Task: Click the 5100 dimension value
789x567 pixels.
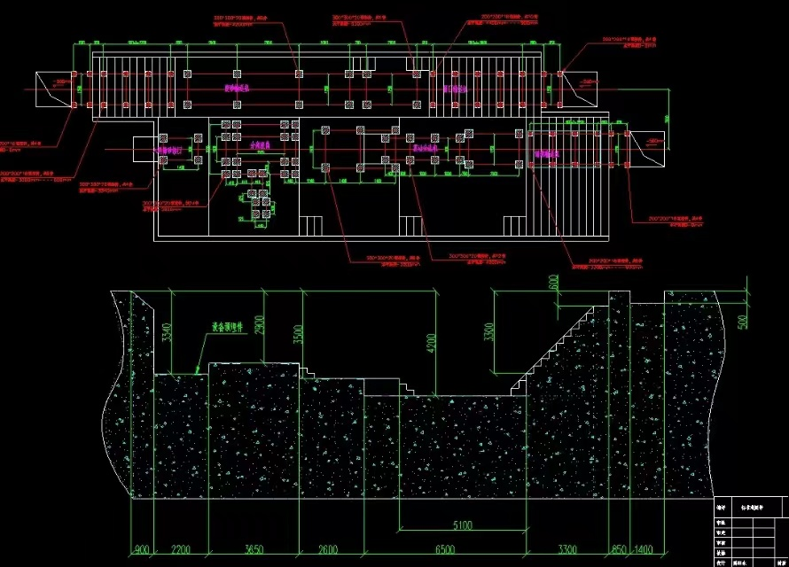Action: pos(462,525)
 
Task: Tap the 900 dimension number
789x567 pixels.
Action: pos(141,549)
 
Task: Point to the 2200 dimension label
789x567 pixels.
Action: pos(181,549)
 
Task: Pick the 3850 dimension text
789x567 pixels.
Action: pos(255,549)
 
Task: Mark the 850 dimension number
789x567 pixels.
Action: pos(619,549)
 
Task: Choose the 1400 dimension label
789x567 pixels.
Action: pos(644,549)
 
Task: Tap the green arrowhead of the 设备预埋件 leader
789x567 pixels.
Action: pos(196,371)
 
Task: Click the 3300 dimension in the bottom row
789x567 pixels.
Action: pos(567,549)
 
